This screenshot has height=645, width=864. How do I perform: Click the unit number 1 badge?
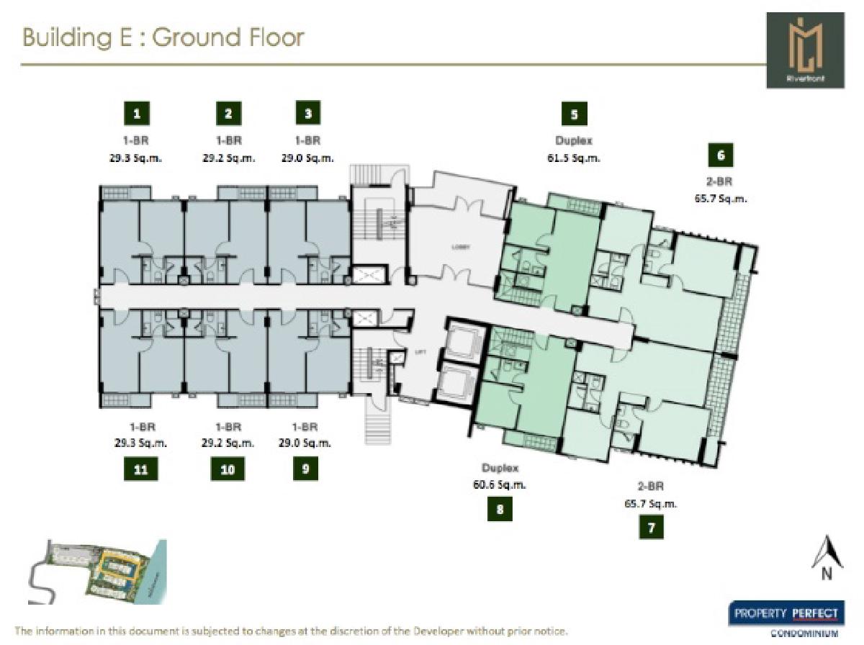coord(136,113)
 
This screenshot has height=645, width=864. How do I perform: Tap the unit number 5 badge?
coord(574,113)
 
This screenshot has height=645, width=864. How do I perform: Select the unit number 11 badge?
coord(140,470)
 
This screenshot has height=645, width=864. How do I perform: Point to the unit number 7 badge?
coord(651,528)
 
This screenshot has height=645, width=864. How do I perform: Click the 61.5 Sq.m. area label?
coord(573,158)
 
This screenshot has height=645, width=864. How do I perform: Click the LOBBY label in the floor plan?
coord(461,246)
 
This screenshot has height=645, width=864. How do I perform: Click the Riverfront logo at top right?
coord(805,50)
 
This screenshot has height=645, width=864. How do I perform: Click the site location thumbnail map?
coord(98,572)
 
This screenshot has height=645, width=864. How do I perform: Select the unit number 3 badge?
coord(308,113)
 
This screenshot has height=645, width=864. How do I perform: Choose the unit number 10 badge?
coord(228,470)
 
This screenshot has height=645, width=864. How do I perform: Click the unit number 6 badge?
coord(721,155)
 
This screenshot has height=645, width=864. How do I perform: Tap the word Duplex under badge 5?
coord(573,142)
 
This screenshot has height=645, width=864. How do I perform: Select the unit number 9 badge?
coord(305,469)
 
